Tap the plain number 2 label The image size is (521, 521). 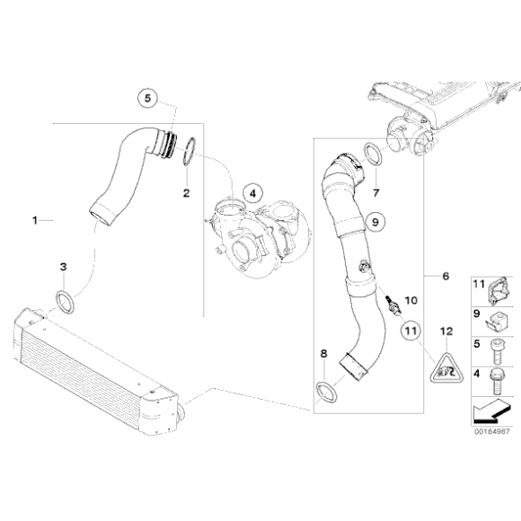click(186, 192)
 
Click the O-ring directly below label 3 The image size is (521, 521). click(64, 299)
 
